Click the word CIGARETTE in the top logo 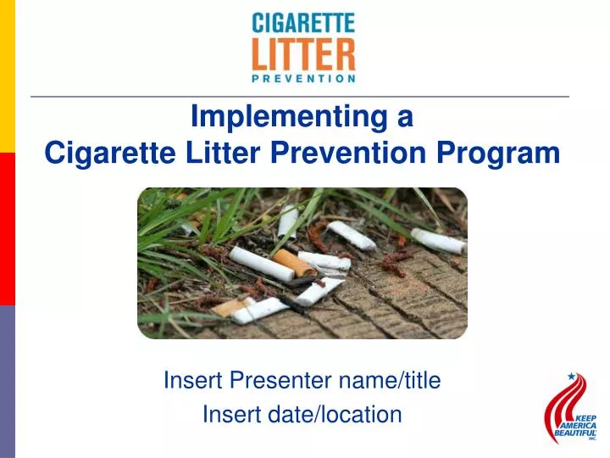pos(303,23)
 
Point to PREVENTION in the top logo pos(303,79)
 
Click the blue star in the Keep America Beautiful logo pos(571,376)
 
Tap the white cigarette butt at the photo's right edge pos(438,240)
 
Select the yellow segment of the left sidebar pos(7,76)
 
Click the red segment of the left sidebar pos(7,229)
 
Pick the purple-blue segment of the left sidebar pos(7,382)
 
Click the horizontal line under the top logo pos(300,97)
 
